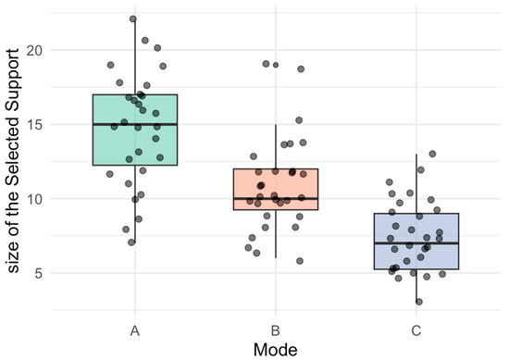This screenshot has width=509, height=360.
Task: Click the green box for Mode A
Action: pyautogui.click(x=135, y=130)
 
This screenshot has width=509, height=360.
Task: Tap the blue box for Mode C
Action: pyautogui.click(x=416, y=242)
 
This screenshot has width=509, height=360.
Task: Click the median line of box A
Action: pyautogui.click(x=135, y=124)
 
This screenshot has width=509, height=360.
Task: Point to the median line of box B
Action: pyautogui.click(x=276, y=198)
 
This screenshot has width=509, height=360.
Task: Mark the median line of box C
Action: pyautogui.click(x=416, y=243)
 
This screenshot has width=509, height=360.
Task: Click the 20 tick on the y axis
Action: pyautogui.click(x=35, y=50)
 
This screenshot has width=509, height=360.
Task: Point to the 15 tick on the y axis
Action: pyautogui.click(x=35, y=124)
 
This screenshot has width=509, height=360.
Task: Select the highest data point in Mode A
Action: pyautogui.click(x=133, y=19)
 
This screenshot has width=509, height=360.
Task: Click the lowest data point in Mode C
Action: pyautogui.click(x=418, y=302)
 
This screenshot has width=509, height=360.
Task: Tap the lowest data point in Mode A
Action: pyautogui.click(x=131, y=242)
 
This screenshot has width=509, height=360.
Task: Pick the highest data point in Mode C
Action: pyautogui.click(x=432, y=154)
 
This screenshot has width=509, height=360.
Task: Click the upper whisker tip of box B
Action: pyautogui.click(x=276, y=125)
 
